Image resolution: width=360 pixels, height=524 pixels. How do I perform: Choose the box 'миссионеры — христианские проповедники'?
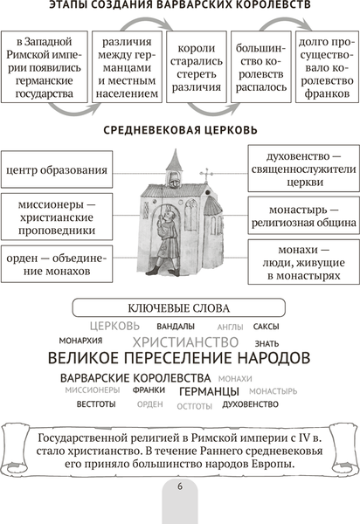pos(57,215)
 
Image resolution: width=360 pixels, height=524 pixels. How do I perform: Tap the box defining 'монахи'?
pos(300,263)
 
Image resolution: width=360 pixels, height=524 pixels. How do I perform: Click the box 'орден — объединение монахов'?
pos(57,263)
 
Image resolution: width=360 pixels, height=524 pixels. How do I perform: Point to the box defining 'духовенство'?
pos(300,169)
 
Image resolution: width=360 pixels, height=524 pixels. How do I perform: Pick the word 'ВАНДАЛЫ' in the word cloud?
pos(177,326)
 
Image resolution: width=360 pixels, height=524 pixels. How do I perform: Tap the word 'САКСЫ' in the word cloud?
pos(266,326)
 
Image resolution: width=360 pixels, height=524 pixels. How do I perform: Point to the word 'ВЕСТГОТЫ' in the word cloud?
pos(95,405)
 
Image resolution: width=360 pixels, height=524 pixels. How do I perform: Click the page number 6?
pos(180,486)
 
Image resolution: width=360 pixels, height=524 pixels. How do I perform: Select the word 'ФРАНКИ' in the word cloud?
pos(149,391)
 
